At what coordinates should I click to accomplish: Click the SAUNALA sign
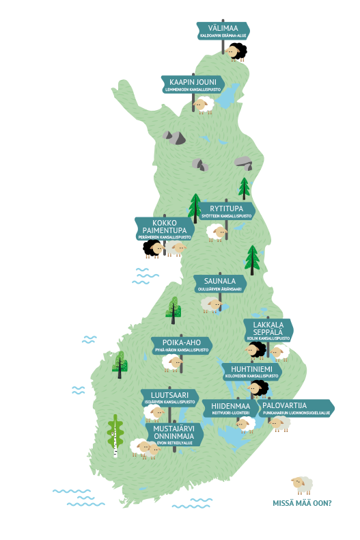pyautogui.click(x=219, y=284)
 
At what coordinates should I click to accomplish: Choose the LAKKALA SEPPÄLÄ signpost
pyautogui.click(x=268, y=330)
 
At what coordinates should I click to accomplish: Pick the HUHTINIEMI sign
pyautogui.click(x=251, y=371)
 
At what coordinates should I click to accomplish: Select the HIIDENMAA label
pyautogui.click(x=230, y=408)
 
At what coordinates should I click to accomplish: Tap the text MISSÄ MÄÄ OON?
pyautogui.click(x=302, y=502)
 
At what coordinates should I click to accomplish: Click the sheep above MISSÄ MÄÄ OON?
pyautogui.click(x=301, y=485)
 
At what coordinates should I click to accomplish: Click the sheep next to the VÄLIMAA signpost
pyautogui.click(x=232, y=51)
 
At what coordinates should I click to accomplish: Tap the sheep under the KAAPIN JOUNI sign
pyautogui.click(x=204, y=105)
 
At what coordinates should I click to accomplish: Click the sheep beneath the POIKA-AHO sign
pyautogui.click(x=171, y=363)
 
